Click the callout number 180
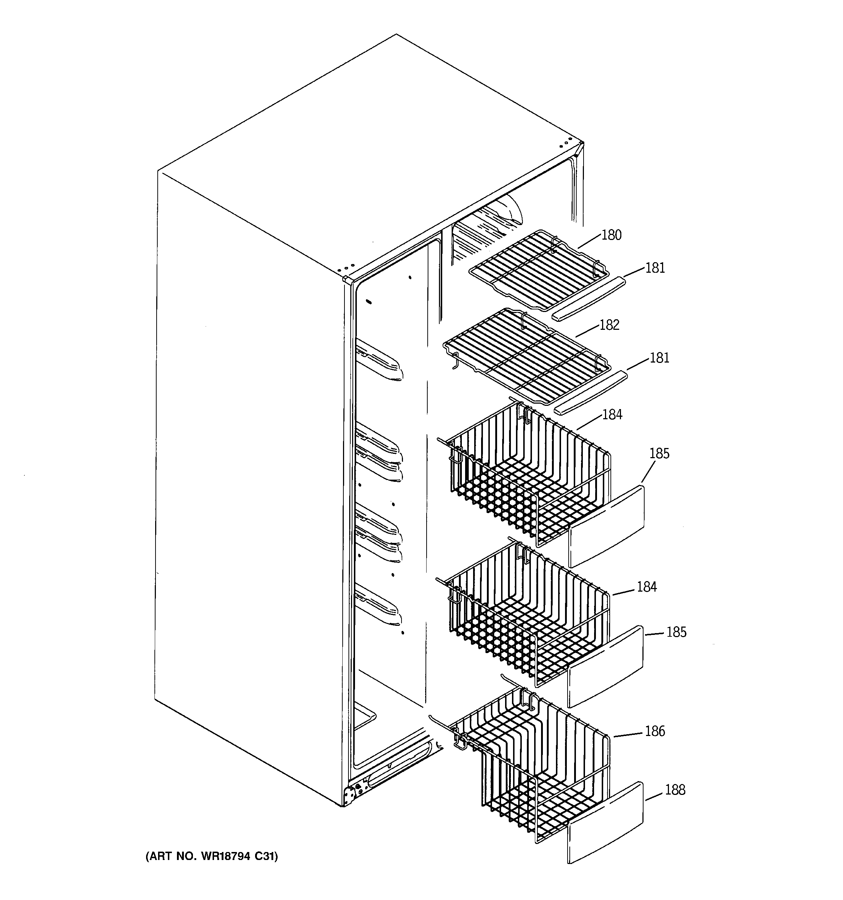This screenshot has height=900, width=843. [611, 235]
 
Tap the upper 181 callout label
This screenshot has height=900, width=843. [655, 268]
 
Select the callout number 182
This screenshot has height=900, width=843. [609, 325]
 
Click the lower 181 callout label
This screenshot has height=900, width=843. [659, 358]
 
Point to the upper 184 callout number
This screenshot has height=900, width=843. [612, 414]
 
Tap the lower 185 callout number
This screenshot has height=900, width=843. [676, 632]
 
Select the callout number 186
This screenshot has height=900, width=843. [655, 731]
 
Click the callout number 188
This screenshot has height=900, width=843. [675, 789]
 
